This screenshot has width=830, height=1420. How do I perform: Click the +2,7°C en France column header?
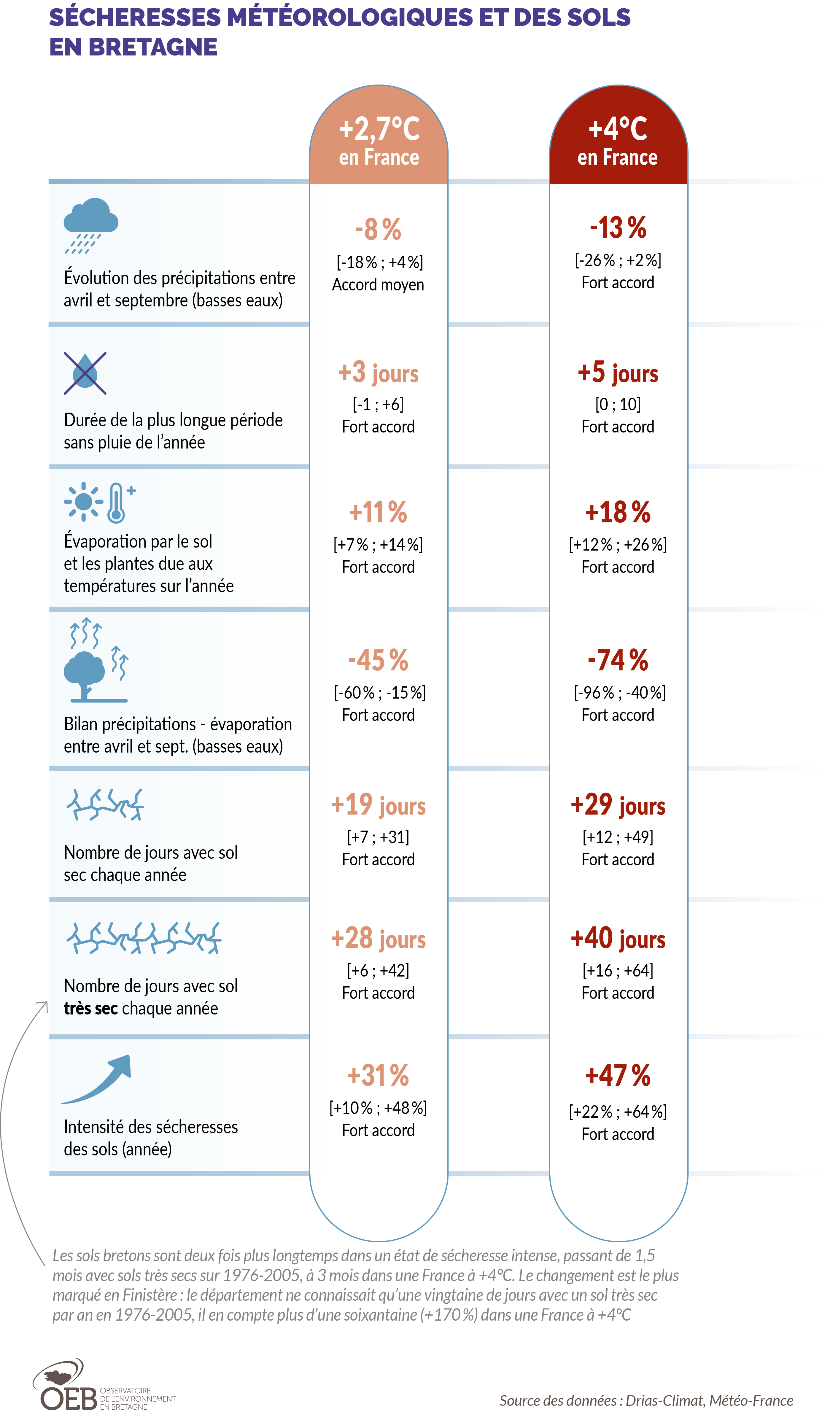[379, 141]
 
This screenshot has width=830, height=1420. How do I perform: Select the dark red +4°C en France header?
[618, 141]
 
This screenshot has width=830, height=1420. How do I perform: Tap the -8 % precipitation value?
[378, 229]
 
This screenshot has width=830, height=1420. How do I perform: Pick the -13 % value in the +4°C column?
[618, 228]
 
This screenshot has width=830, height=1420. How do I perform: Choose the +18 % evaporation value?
[618, 512]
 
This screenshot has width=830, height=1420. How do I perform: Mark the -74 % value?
[618, 660]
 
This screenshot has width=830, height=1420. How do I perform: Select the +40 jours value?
[618, 939]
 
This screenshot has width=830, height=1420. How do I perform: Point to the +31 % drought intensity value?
[378, 1076]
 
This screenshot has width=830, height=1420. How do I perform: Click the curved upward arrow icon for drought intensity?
[98, 1079]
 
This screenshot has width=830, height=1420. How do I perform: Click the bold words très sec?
[90, 1008]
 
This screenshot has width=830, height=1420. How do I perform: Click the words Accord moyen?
[378, 284]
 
